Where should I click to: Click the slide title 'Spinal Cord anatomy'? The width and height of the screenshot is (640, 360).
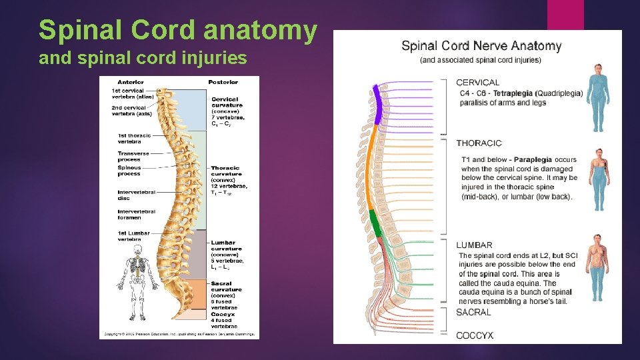(178, 30)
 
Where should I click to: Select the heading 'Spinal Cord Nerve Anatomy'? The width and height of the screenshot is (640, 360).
(481, 46)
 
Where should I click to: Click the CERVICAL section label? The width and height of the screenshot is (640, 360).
(477, 83)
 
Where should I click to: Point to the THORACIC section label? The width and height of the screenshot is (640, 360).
(479, 143)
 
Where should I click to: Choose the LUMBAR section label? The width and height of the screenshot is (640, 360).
(474, 245)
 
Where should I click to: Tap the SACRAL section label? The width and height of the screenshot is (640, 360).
(473, 312)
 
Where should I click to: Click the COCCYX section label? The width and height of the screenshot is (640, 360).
(475, 335)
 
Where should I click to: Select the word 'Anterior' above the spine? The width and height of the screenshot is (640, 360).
(131, 82)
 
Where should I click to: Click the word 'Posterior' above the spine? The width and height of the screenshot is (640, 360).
(223, 82)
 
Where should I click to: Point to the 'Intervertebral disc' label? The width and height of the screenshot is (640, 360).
(137, 195)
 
